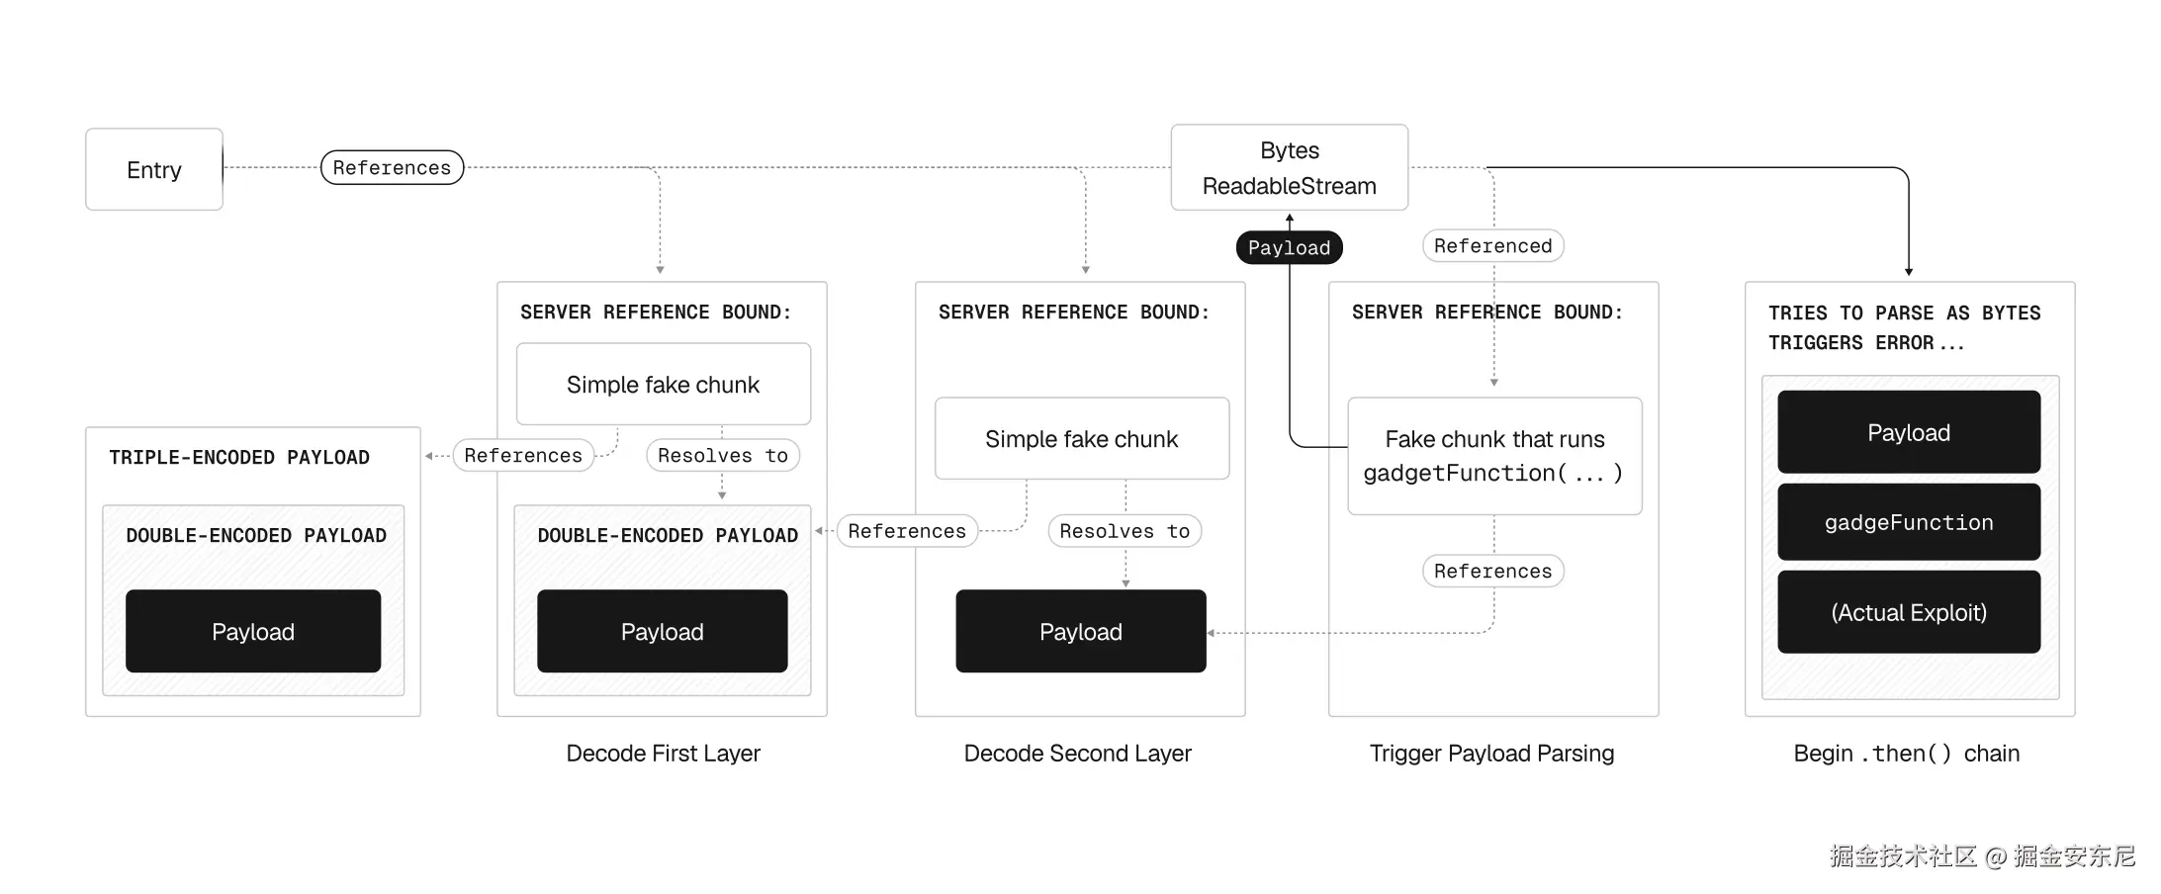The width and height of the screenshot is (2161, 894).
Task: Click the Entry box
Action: [153, 169]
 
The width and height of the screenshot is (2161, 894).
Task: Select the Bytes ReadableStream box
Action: [1289, 167]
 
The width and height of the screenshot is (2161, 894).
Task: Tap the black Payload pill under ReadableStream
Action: [1289, 247]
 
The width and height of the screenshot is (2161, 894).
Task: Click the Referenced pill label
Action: [1492, 245]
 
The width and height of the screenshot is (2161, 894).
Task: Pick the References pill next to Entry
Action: [392, 167]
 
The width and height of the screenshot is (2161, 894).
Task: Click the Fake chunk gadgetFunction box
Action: [1493, 456]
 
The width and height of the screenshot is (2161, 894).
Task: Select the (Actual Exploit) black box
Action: [1908, 612]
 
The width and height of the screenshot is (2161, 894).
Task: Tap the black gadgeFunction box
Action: [1908, 522]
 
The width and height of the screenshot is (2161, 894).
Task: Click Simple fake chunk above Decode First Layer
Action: [663, 384]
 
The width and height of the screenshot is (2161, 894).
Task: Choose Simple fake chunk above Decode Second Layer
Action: [1081, 438]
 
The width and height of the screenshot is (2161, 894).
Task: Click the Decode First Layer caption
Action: [663, 753]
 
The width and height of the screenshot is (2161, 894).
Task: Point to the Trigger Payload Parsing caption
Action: [1491, 753]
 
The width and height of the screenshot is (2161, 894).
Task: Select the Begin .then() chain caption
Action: [1906, 753]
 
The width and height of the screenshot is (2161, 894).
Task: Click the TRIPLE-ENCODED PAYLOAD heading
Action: [239, 457]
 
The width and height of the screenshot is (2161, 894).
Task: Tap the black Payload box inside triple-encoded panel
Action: [252, 631]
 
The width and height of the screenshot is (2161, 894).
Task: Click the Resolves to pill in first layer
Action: [722, 455]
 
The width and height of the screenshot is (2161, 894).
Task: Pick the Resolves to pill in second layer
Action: [1125, 531]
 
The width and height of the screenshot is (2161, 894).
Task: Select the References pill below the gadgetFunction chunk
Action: [1492, 571]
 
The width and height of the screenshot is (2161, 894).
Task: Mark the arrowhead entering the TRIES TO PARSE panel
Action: [1908, 271]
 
